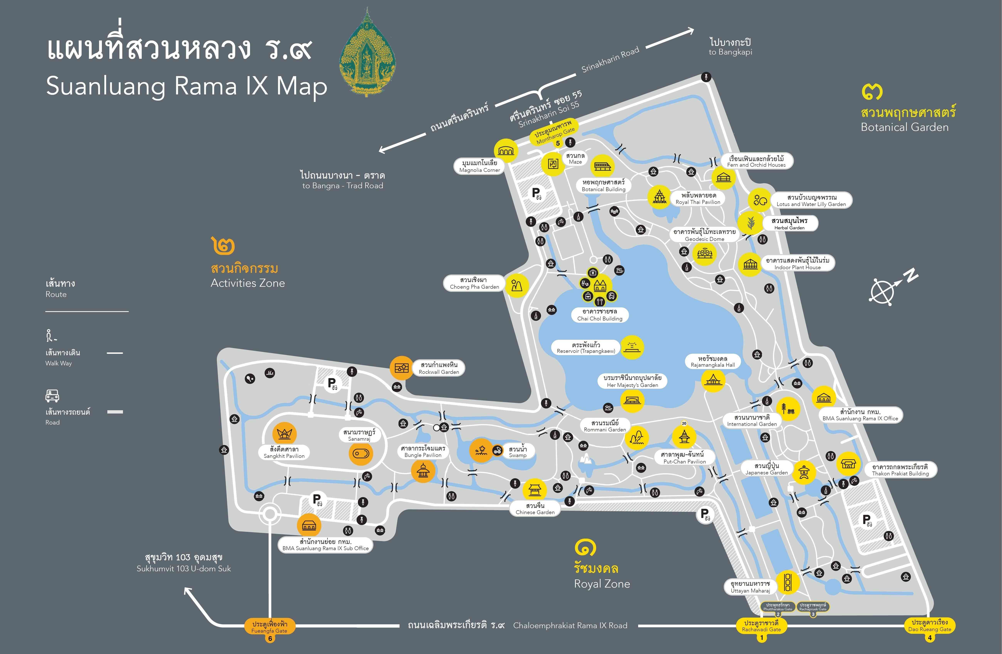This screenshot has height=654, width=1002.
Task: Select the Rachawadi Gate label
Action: pyautogui.click(x=761, y=626)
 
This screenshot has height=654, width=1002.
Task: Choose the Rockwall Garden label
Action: pyautogui.click(x=439, y=368)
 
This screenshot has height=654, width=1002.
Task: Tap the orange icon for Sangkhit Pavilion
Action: pyautogui.click(x=285, y=434)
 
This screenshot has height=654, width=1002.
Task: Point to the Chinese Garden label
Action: pyautogui.click(x=535, y=509)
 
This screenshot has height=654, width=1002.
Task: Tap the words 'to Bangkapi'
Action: pyautogui.click(x=730, y=52)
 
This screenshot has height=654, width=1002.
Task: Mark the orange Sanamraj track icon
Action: pyautogui.click(x=361, y=454)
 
